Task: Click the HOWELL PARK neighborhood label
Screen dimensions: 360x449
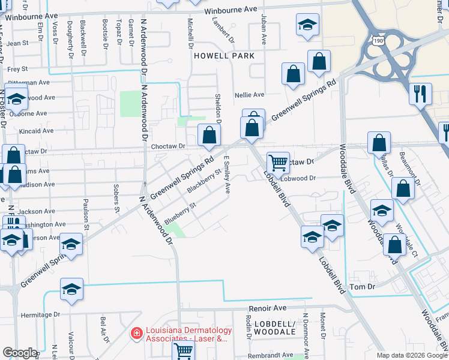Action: point(224,55)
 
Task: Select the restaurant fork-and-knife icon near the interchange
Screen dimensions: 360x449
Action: point(418,94)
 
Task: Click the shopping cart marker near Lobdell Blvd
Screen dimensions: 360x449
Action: point(278,162)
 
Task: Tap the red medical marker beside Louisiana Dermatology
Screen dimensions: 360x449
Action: point(137,332)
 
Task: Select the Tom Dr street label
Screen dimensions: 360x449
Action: point(363,287)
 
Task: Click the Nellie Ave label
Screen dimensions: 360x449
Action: point(250,95)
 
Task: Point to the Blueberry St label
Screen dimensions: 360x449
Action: point(180,211)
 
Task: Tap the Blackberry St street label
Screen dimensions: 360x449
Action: point(201,180)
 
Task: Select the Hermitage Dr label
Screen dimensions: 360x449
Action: point(40,314)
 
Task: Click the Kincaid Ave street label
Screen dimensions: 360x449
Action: point(37,131)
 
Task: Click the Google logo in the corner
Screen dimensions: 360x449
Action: point(20,353)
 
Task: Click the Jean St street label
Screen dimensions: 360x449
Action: point(18,43)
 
